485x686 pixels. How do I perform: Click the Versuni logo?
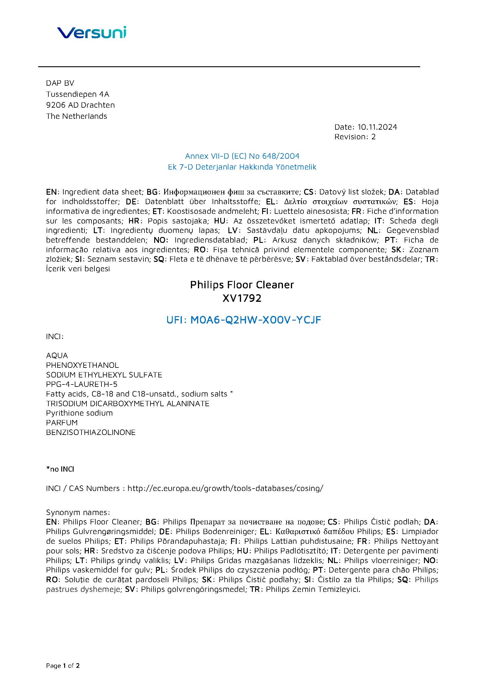(x=92, y=32)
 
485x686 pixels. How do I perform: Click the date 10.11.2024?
(x=377, y=127)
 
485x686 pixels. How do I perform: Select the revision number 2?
(x=373, y=137)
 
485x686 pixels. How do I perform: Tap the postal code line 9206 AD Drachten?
(x=80, y=105)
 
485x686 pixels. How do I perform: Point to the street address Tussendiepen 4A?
(x=78, y=94)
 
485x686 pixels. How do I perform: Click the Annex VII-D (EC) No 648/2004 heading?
(x=242, y=156)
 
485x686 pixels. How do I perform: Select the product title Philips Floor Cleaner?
(x=242, y=285)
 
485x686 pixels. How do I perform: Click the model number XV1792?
(x=242, y=298)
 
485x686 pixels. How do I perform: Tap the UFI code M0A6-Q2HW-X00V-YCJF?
(x=255, y=320)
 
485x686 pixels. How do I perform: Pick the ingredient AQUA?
(x=57, y=355)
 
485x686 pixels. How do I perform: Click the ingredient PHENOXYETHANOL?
(x=82, y=365)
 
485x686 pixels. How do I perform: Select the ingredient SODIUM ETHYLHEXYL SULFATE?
(x=104, y=375)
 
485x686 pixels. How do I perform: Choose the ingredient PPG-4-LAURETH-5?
(x=82, y=384)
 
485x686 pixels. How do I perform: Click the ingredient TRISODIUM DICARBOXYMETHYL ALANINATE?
(x=128, y=404)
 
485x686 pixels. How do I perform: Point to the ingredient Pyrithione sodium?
(x=79, y=413)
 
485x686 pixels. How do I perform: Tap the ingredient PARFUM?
(x=62, y=423)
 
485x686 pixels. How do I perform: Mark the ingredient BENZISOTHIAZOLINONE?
(x=91, y=432)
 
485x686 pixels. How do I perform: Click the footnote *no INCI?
(x=60, y=469)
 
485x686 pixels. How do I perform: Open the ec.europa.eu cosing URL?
(x=225, y=488)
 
